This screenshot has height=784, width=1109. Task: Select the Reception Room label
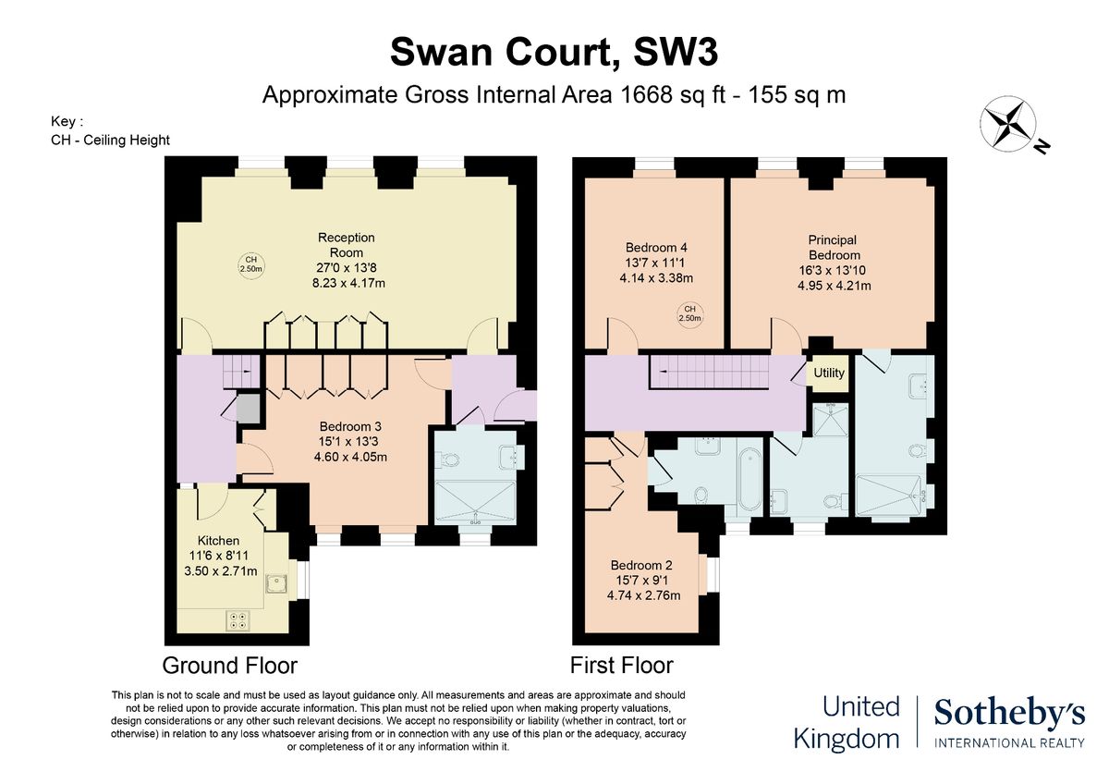[347, 245]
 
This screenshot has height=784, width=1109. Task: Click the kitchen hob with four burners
[238, 621]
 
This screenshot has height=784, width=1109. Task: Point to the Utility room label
[829, 374]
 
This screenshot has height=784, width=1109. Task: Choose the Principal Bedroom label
[834, 248]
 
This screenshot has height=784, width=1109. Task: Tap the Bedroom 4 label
[656, 248]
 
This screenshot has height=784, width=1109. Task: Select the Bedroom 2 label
[641, 566]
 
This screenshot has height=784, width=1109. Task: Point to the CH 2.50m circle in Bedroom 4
[689, 314]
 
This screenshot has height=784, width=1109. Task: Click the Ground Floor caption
[230, 666]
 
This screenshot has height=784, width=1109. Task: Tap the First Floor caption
[621, 666]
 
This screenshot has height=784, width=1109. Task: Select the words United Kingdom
[859, 723]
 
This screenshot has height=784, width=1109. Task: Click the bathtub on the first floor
[749, 477]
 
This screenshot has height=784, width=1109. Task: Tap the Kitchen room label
[219, 541]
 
